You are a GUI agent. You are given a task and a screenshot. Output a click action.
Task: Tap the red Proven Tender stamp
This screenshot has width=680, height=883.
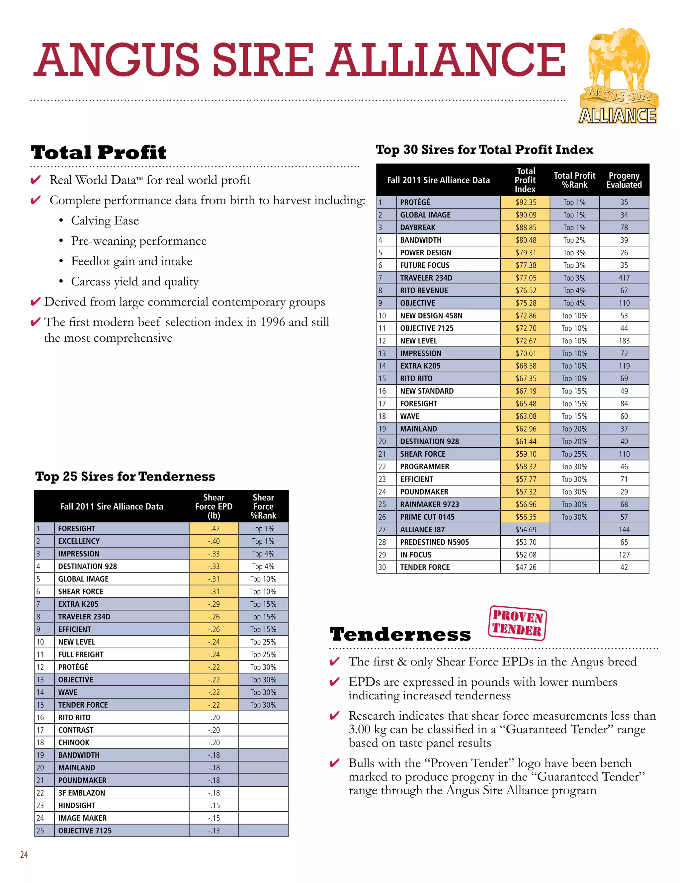(x=517, y=623)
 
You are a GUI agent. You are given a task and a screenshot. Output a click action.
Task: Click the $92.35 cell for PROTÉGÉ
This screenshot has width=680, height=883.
(x=525, y=202)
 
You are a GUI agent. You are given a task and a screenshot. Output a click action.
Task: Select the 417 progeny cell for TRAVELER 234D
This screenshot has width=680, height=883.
(x=624, y=278)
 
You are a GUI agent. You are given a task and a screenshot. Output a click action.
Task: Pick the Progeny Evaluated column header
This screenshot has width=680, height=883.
(x=624, y=180)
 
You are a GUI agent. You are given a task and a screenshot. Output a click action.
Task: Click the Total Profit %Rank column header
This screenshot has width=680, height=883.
(x=574, y=180)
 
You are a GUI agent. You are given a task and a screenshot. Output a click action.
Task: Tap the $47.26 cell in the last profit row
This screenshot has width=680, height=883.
(x=525, y=567)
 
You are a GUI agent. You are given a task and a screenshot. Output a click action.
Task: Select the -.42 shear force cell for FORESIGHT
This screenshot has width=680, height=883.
(x=213, y=528)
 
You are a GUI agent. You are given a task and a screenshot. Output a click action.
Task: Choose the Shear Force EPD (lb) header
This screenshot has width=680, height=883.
(x=213, y=506)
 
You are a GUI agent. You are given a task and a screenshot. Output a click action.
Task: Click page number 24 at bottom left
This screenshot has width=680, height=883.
(x=24, y=854)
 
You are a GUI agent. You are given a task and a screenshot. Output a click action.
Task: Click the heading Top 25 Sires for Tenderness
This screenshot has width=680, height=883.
(x=125, y=476)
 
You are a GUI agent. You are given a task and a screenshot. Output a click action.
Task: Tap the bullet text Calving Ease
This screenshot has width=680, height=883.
(x=105, y=221)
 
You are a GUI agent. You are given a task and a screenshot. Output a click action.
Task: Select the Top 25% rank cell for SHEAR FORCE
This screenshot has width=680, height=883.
(x=574, y=454)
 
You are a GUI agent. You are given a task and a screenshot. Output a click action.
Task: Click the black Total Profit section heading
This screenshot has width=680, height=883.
(x=98, y=152)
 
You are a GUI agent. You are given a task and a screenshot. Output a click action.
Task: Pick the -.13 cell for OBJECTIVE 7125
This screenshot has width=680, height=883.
(x=213, y=831)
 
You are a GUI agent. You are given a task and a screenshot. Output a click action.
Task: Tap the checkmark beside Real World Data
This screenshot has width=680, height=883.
(x=36, y=180)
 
